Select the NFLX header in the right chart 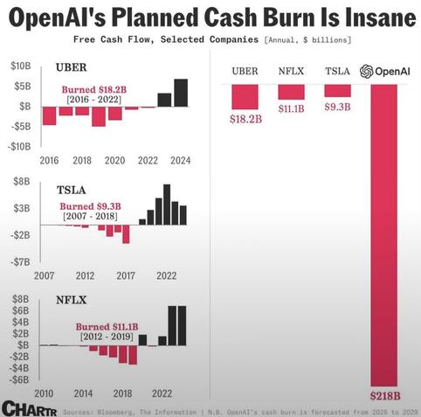[291, 72]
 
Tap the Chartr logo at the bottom [29, 408]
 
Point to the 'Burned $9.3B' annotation [90, 206]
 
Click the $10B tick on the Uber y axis [20, 66]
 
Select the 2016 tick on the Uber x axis [50, 161]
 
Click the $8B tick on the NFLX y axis [20, 299]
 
